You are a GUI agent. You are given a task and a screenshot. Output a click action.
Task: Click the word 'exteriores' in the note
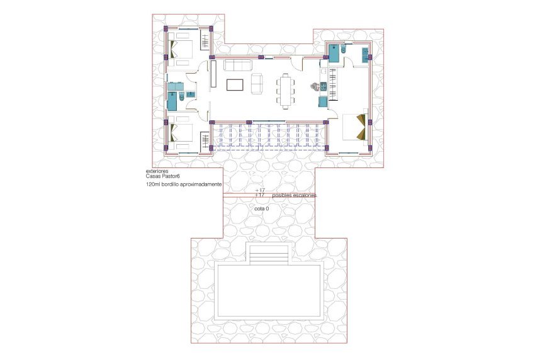[x=157, y=171]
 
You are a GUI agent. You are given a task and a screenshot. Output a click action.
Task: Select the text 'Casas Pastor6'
[x=163, y=177]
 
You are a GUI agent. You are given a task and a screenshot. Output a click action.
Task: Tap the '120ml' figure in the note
[x=152, y=185]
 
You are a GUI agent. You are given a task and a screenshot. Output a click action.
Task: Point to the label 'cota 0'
[x=262, y=208]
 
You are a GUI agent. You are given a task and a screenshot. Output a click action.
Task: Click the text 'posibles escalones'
[x=295, y=196]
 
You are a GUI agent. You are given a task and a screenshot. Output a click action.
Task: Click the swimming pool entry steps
[x=269, y=254]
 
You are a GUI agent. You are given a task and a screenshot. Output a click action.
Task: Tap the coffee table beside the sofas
[x=235, y=84]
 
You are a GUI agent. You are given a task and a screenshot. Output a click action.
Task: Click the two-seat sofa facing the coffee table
[x=257, y=83]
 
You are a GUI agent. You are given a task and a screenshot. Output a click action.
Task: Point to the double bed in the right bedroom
[x=354, y=126]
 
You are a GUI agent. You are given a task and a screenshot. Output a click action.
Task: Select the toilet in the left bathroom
[x=181, y=96]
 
